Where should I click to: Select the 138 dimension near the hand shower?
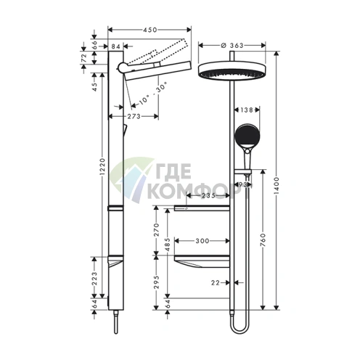[x=246, y=111]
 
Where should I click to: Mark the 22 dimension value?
[x=214, y=282]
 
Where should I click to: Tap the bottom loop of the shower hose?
[x=237, y=329]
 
